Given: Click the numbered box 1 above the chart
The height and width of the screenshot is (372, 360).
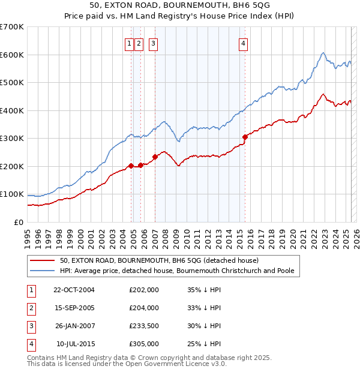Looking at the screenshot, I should [x=129, y=43].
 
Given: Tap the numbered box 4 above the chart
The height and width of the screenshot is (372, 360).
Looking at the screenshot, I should [x=244, y=43].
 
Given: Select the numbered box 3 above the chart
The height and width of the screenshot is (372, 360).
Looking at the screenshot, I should [x=153, y=43].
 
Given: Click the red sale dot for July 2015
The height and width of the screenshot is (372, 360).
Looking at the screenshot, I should [x=245, y=137].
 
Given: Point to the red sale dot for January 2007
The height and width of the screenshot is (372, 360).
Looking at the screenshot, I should [x=155, y=157].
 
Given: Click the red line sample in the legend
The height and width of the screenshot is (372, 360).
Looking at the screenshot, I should [x=43, y=261].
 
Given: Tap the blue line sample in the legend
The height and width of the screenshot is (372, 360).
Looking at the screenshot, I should [x=43, y=271].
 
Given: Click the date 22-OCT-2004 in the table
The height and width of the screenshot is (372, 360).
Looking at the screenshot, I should [x=74, y=290].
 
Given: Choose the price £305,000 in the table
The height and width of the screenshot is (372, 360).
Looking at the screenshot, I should [x=144, y=344].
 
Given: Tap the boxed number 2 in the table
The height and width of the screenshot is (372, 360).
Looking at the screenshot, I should [x=31, y=308].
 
